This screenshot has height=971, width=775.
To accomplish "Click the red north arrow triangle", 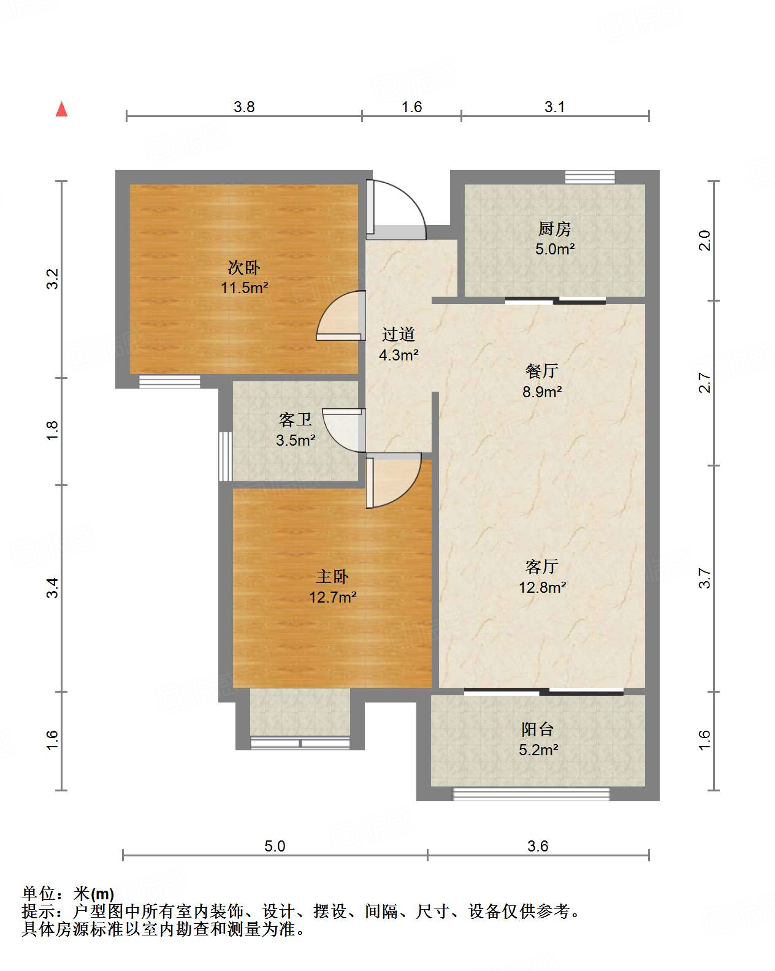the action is click(x=61, y=110).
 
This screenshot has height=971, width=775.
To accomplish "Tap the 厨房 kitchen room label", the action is click(x=555, y=229).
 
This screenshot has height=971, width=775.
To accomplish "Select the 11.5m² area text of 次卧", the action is click(x=244, y=287).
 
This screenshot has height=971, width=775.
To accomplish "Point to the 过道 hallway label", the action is click(x=398, y=334).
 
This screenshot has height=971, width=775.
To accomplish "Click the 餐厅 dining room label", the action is click(x=541, y=371).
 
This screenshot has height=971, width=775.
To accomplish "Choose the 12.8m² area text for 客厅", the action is click(x=542, y=587).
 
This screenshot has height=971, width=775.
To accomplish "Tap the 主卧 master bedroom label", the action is click(x=332, y=577).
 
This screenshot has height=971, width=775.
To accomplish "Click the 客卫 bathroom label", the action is click(x=296, y=420).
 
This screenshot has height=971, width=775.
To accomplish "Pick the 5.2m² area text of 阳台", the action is click(x=538, y=750).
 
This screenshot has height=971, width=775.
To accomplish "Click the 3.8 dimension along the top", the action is click(x=244, y=107).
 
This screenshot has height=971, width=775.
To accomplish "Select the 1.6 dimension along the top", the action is click(x=411, y=107).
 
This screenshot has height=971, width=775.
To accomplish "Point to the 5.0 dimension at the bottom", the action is click(x=275, y=846).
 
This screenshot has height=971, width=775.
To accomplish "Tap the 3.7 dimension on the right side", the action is click(x=704, y=579).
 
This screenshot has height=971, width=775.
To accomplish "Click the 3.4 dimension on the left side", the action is click(x=53, y=588).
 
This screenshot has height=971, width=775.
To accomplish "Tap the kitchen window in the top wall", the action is click(x=590, y=177).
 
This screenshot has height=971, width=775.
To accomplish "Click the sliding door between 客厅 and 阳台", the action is click(x=544, y=691).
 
